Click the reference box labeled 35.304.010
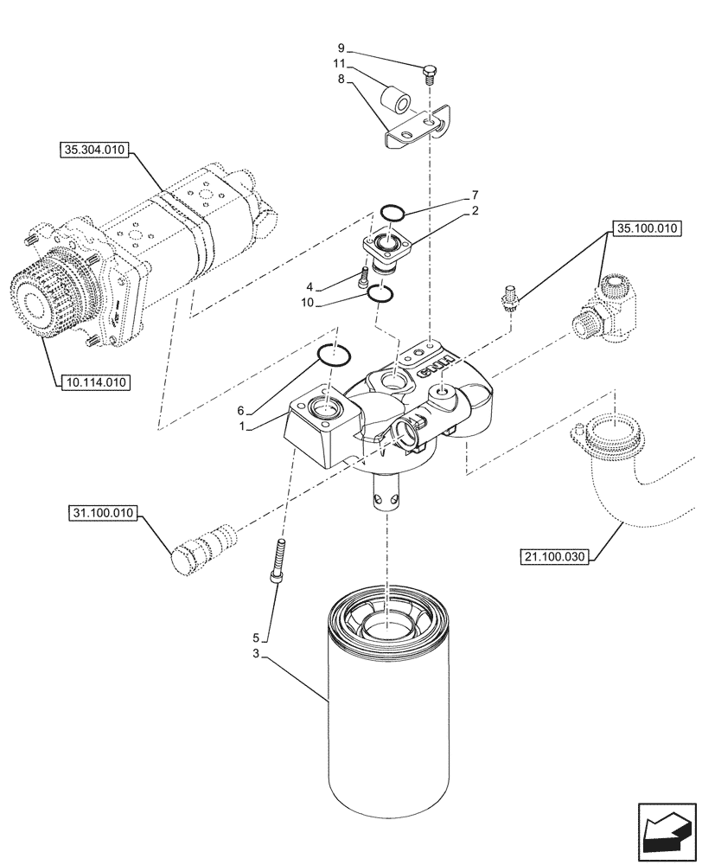click(94, 150)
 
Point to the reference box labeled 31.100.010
click(101, 514)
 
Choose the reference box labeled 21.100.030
click(554, 556)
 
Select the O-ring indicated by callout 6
click(334, 354)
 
